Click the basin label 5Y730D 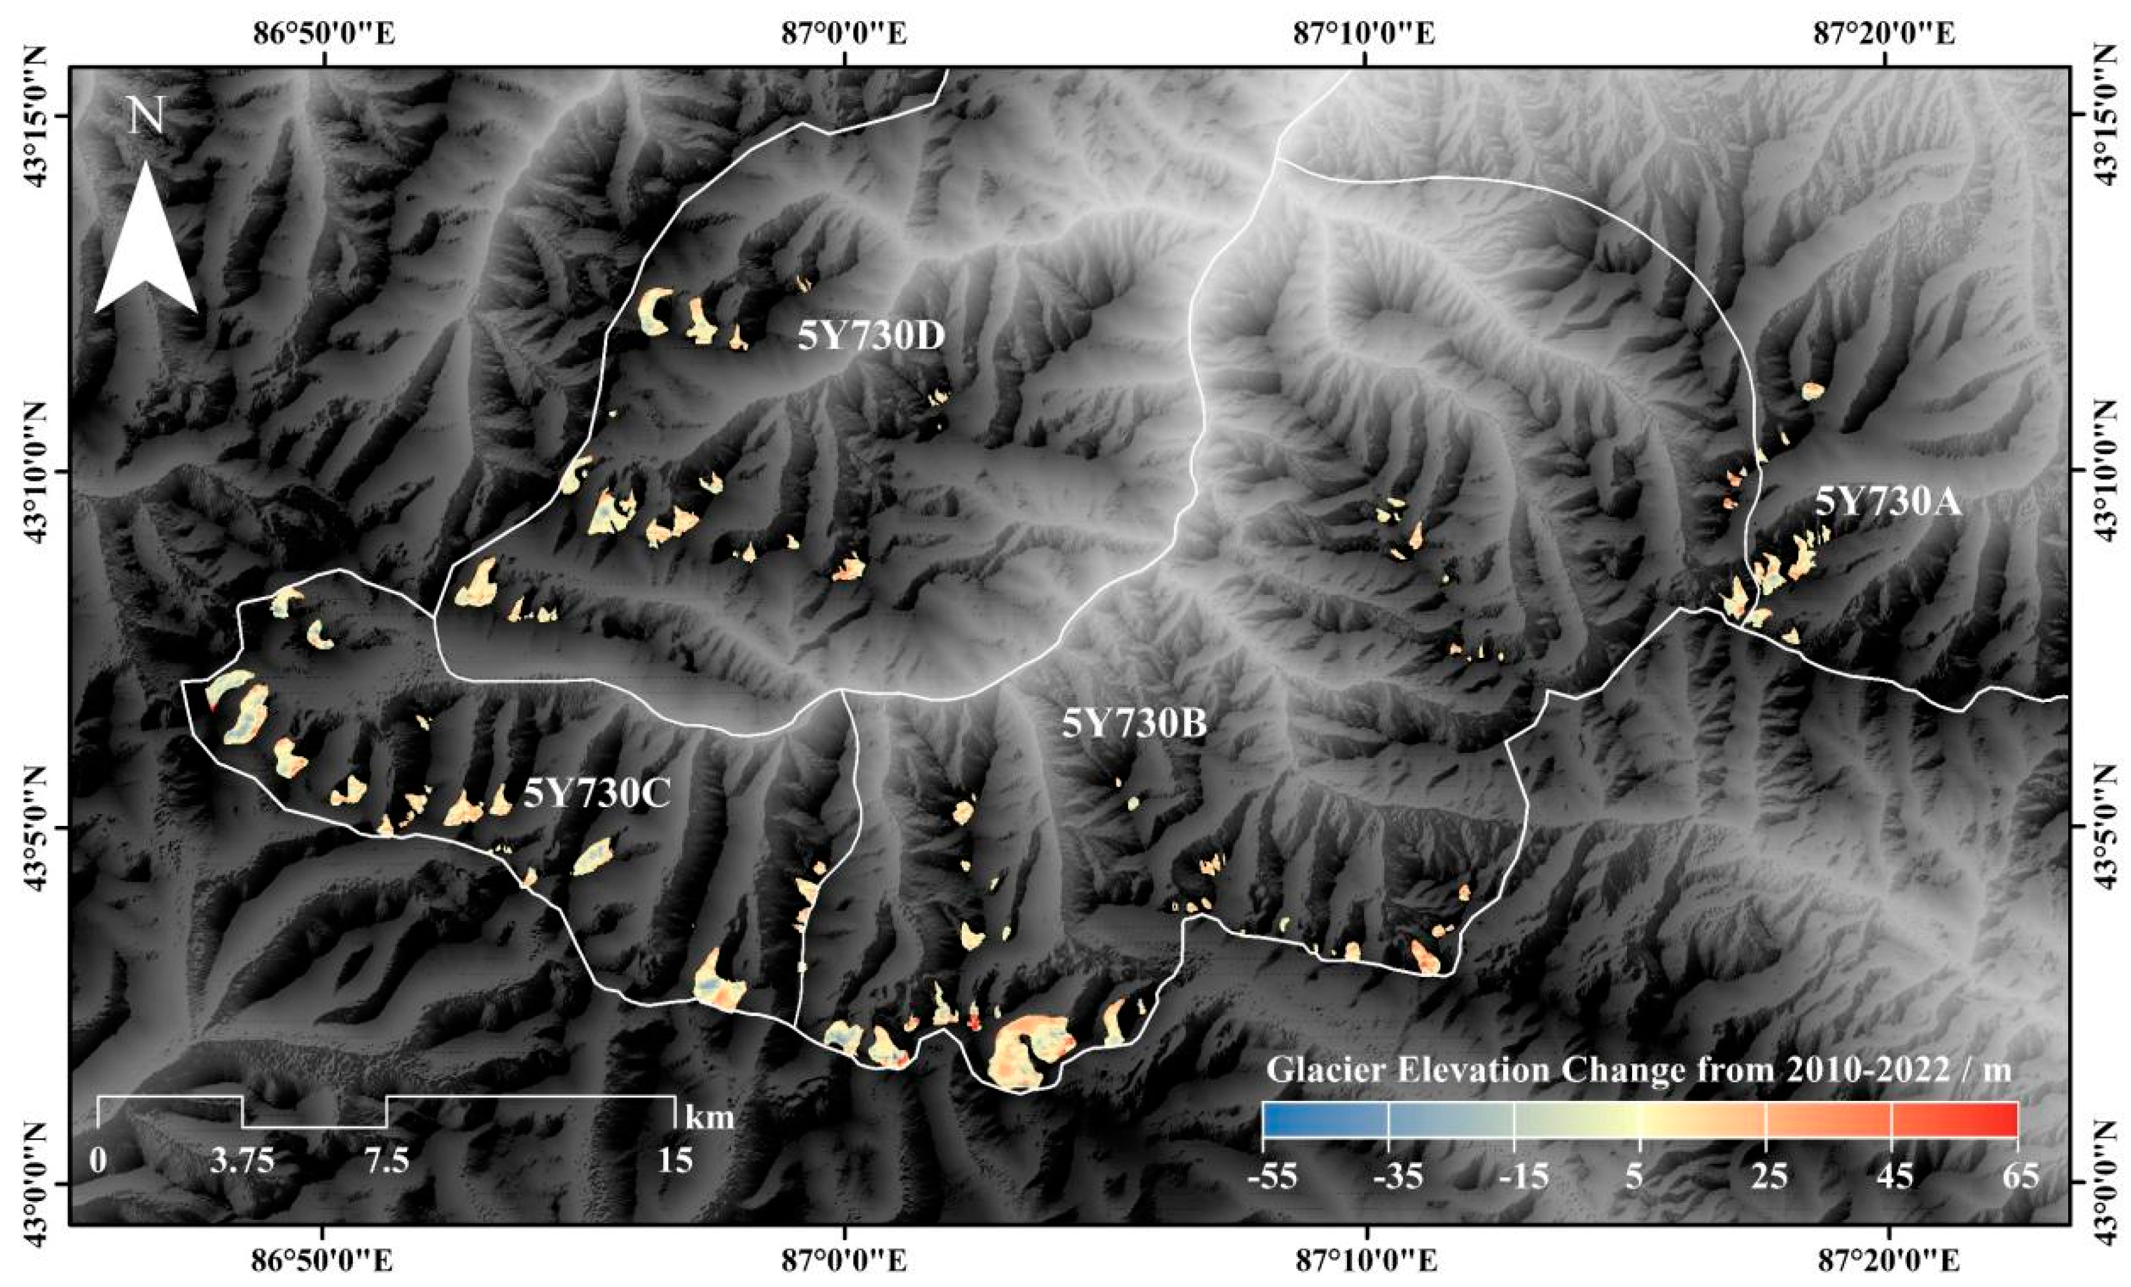pyautogui.click(x=871, y=337)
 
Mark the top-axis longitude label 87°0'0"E pyautogui.click(x=844, y=35)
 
